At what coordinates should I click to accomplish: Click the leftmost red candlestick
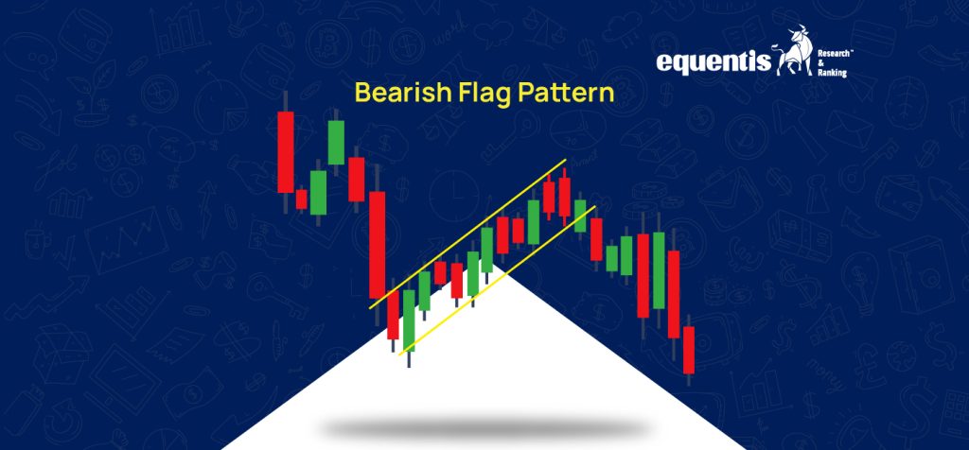click(x=285, y=152)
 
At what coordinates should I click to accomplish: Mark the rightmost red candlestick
click(x=689, y=350)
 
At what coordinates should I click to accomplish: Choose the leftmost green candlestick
click(x=318, y=192)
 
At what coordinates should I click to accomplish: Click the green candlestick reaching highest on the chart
click(x=336, y=142)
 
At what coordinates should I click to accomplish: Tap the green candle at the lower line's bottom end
click(x=409, y=321)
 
